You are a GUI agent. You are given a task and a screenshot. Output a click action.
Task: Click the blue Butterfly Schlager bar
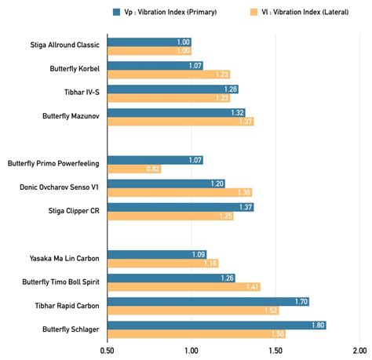[216, 325]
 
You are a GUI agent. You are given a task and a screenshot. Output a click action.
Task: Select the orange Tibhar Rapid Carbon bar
[192, 310]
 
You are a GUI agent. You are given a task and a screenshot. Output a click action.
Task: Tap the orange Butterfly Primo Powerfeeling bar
[134, 169]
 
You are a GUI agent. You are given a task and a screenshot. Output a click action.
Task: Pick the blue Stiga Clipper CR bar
[181, 207]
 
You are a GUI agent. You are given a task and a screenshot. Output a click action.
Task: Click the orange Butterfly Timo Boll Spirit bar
[184, 287]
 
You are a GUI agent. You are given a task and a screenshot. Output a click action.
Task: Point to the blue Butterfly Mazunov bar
[176, 113]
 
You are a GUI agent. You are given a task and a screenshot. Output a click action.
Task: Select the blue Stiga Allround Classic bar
[149, 42]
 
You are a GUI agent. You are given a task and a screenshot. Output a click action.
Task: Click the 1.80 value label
[317, 325]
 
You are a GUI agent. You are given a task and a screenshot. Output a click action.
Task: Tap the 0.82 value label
[152, 169]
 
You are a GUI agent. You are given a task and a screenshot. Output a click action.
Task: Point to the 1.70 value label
[300, 301]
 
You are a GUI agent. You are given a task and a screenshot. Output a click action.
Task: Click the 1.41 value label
[251, 287]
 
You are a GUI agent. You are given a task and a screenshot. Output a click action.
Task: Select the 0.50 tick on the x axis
[108, 350]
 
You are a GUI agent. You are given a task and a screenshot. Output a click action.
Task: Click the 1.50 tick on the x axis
[274, 350]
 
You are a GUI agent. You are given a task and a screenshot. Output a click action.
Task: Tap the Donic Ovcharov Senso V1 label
[58, 188]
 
